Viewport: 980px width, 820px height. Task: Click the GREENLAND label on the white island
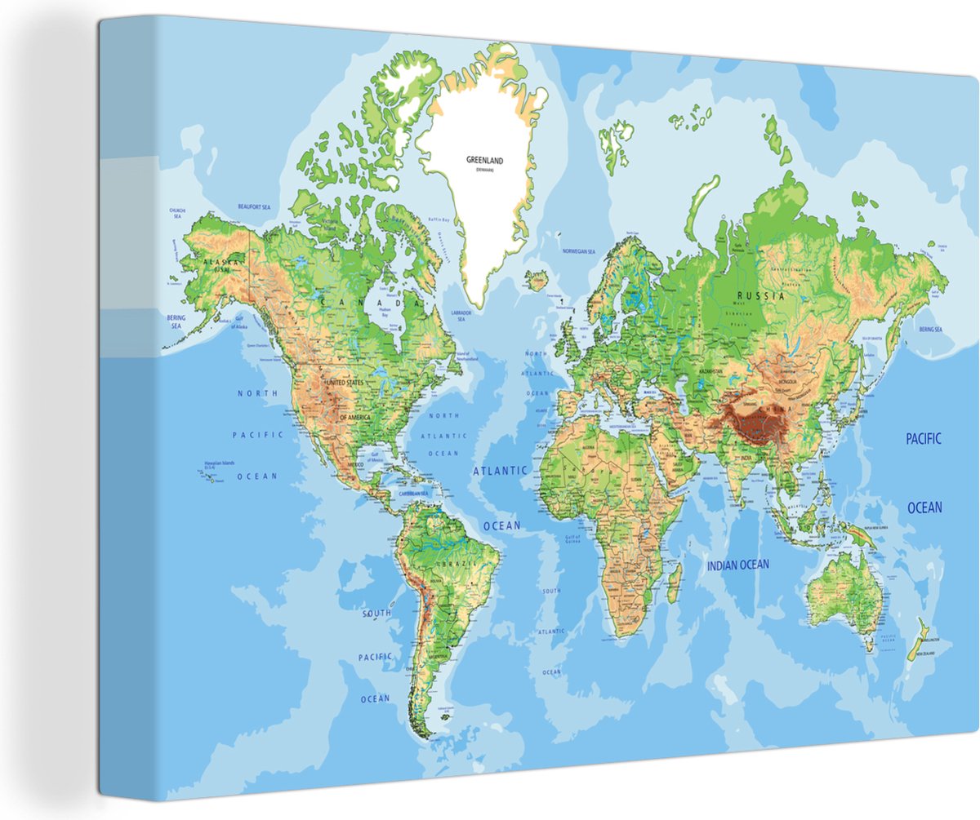[484, 161]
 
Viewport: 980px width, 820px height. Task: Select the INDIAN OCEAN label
[737, 564]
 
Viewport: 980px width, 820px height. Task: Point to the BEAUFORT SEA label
[253, 207]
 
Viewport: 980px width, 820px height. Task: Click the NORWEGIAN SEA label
[578, 252]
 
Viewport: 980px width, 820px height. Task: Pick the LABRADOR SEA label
[462, 316]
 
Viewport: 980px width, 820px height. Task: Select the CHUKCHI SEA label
[177, 213]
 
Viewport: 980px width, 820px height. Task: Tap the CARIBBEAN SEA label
[413, 494]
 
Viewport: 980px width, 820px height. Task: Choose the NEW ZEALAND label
[929, 654]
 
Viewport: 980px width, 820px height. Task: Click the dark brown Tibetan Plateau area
[755, 423]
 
